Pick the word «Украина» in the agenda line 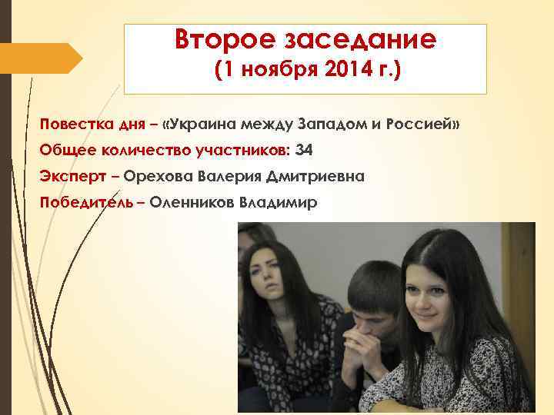point(205,124)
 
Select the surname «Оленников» point(191,203)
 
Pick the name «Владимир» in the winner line point(278,203)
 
